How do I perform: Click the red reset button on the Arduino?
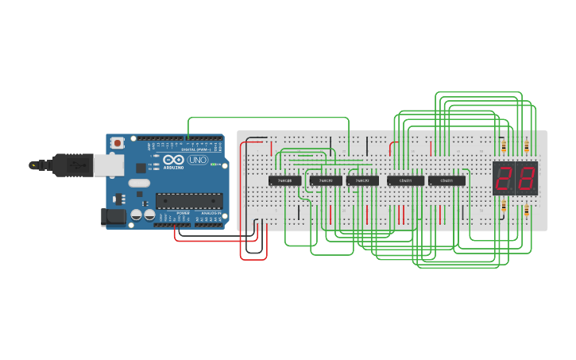tap(118, 143)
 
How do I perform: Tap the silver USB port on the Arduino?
tap(109, 165)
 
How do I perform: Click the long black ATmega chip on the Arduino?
tap(188, 201)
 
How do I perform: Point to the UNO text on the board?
tap(196, 161)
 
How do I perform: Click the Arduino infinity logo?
tap(173, 161)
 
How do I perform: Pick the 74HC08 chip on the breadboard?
tap(284, 181)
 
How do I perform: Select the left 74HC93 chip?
tap(326, 181)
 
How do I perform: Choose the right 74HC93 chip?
tap(362, 181)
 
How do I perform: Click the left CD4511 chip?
tap(405, 181)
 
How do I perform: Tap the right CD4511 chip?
tap(446, 181)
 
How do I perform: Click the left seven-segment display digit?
tap(504, 179)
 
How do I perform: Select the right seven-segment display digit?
tap(527, 179)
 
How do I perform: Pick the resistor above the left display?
tap(504, 147)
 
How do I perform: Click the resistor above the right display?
tap(527, 147)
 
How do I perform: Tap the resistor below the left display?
tap(504, 207)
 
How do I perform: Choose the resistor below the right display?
tap(527, 210)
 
